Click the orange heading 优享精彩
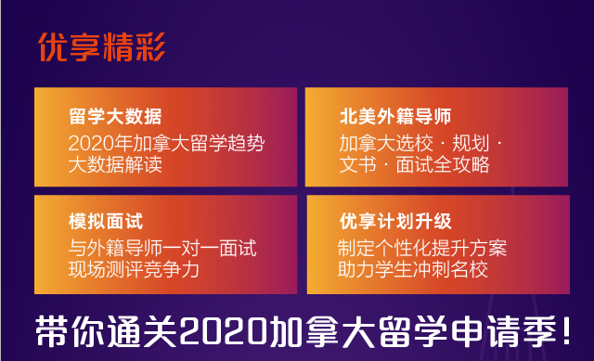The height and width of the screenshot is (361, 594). [101, 47]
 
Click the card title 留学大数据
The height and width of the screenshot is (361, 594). [115, 116]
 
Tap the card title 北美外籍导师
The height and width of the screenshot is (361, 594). [395, 116]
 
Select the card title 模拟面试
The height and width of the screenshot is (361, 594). [106, 221]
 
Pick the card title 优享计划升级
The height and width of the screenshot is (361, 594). [395, 221]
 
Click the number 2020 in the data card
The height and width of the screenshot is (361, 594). [91, 144]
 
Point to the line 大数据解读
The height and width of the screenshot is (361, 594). [115, 164]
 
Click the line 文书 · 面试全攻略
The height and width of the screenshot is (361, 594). [415, 164]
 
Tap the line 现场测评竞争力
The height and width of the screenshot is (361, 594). [134, 270]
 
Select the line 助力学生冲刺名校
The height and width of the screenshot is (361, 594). [412, 270]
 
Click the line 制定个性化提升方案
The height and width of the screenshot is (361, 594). [422, 248]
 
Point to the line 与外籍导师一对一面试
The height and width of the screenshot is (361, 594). [162, 248]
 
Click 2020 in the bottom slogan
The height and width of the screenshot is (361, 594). [224, 332]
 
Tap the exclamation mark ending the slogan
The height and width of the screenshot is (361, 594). [566, 331]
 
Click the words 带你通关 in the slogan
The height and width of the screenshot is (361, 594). [107, 332]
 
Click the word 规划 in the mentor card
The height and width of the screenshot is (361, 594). [471, 143]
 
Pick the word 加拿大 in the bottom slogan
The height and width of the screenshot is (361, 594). [322, 332]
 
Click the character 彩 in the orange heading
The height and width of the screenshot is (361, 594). [150, 47]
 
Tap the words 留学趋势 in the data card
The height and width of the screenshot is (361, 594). [227, 143]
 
